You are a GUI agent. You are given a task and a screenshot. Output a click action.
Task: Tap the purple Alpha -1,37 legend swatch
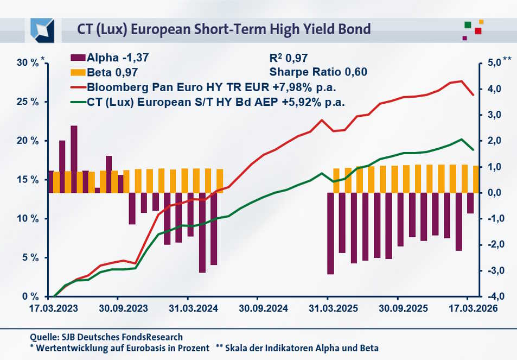coord(78,57)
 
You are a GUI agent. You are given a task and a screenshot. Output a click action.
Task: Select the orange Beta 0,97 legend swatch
coord(78,72)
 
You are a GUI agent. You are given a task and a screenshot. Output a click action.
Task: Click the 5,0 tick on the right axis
coord(492,63)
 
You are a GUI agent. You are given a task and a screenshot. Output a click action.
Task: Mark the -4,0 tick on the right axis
coord(492,296)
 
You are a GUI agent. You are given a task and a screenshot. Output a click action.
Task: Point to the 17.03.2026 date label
coord(470,307)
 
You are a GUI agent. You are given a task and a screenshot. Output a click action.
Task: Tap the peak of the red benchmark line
coord(461,81)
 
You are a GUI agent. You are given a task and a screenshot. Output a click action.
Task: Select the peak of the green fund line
coord(461,139)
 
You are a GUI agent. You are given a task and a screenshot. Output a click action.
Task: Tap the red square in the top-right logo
coord(478,31)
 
